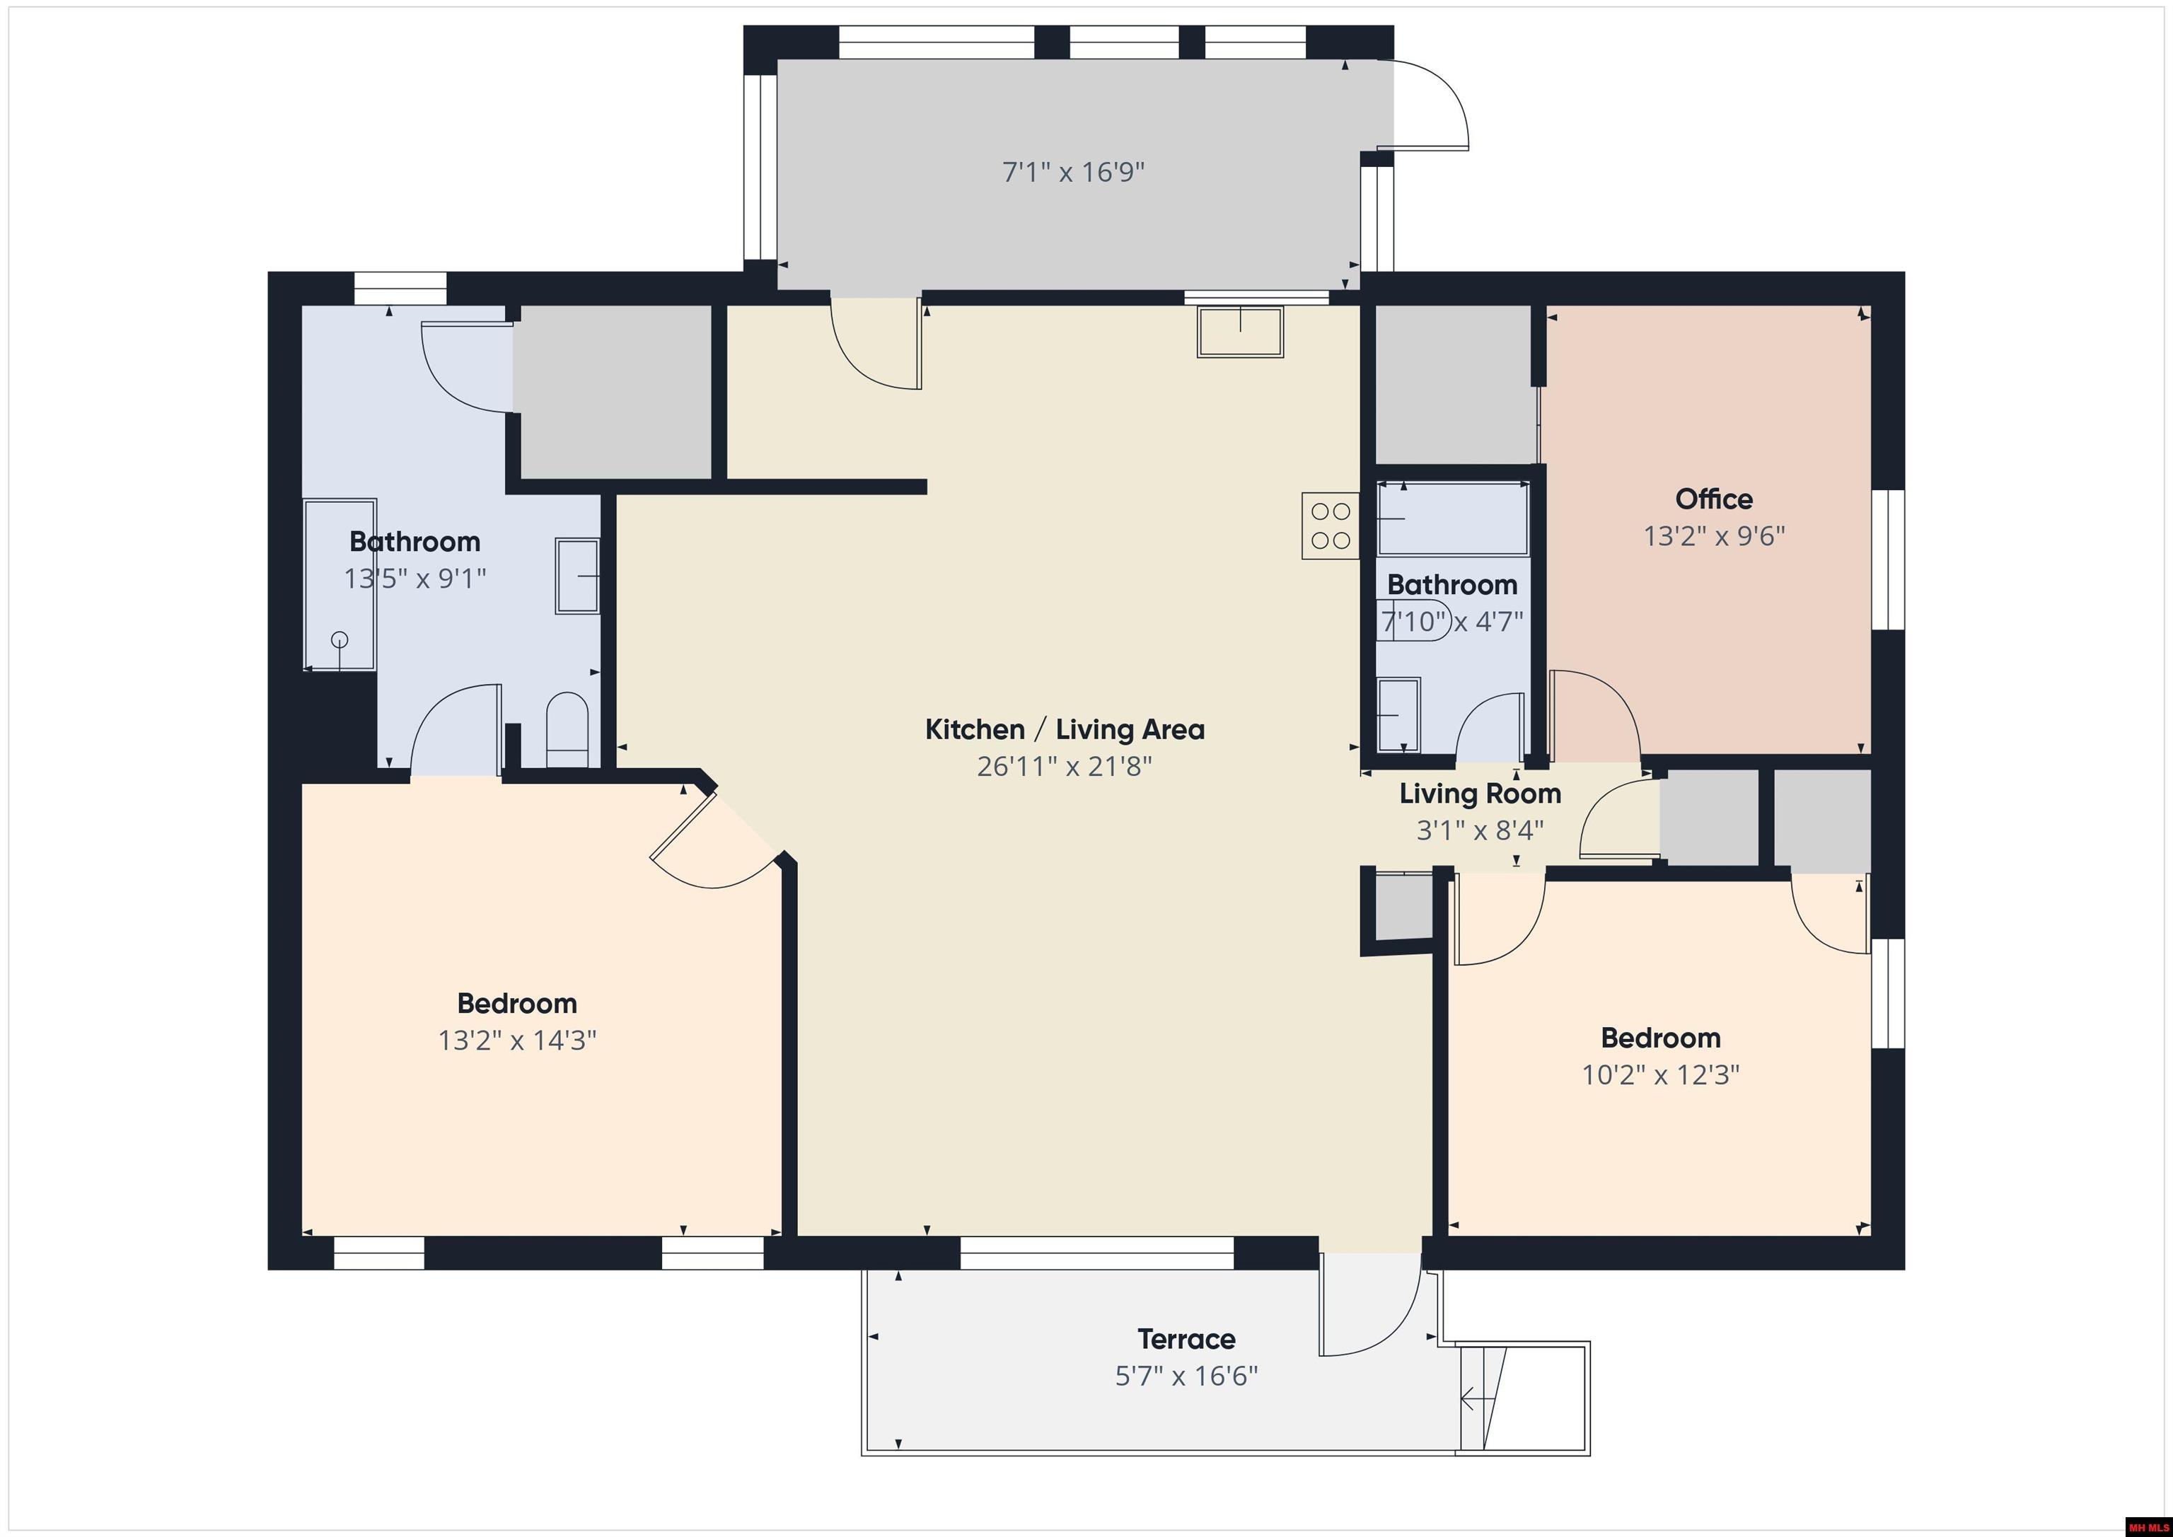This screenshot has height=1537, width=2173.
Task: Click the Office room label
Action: pyautogui.click(x=1713, y=499)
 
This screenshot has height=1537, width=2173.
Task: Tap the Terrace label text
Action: pyautogui.click(x=1186, y=1339)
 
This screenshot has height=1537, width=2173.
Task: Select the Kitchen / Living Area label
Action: pyautogui.click(x=1065, y=730)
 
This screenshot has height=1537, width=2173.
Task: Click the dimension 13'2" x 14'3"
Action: pyautogui.click(x=517, y=1041)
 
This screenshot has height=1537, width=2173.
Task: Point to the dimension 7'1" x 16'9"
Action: pyautogui.click(x=1073, y=173)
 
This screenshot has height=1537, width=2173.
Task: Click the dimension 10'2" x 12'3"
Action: pyautogui.click(x=1661, y=1075)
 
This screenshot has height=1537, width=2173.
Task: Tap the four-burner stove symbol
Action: pyautogui.click(x=1330, y=526)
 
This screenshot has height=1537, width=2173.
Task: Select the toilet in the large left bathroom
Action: pyautogui.click(x=568, y=730)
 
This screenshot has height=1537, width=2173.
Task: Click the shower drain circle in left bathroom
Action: pyautogui.click(x=340, y=641)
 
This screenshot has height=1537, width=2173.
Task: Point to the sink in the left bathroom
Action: pyautogui.click(x=577, y=576)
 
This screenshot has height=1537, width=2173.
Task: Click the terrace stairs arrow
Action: pyautogui.click(x=1470, y=1398)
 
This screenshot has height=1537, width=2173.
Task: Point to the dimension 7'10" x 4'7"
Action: pyautogui.click(x=1451, y=622)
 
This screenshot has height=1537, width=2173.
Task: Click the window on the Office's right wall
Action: pyautogui.click(x=1888, y=559)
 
